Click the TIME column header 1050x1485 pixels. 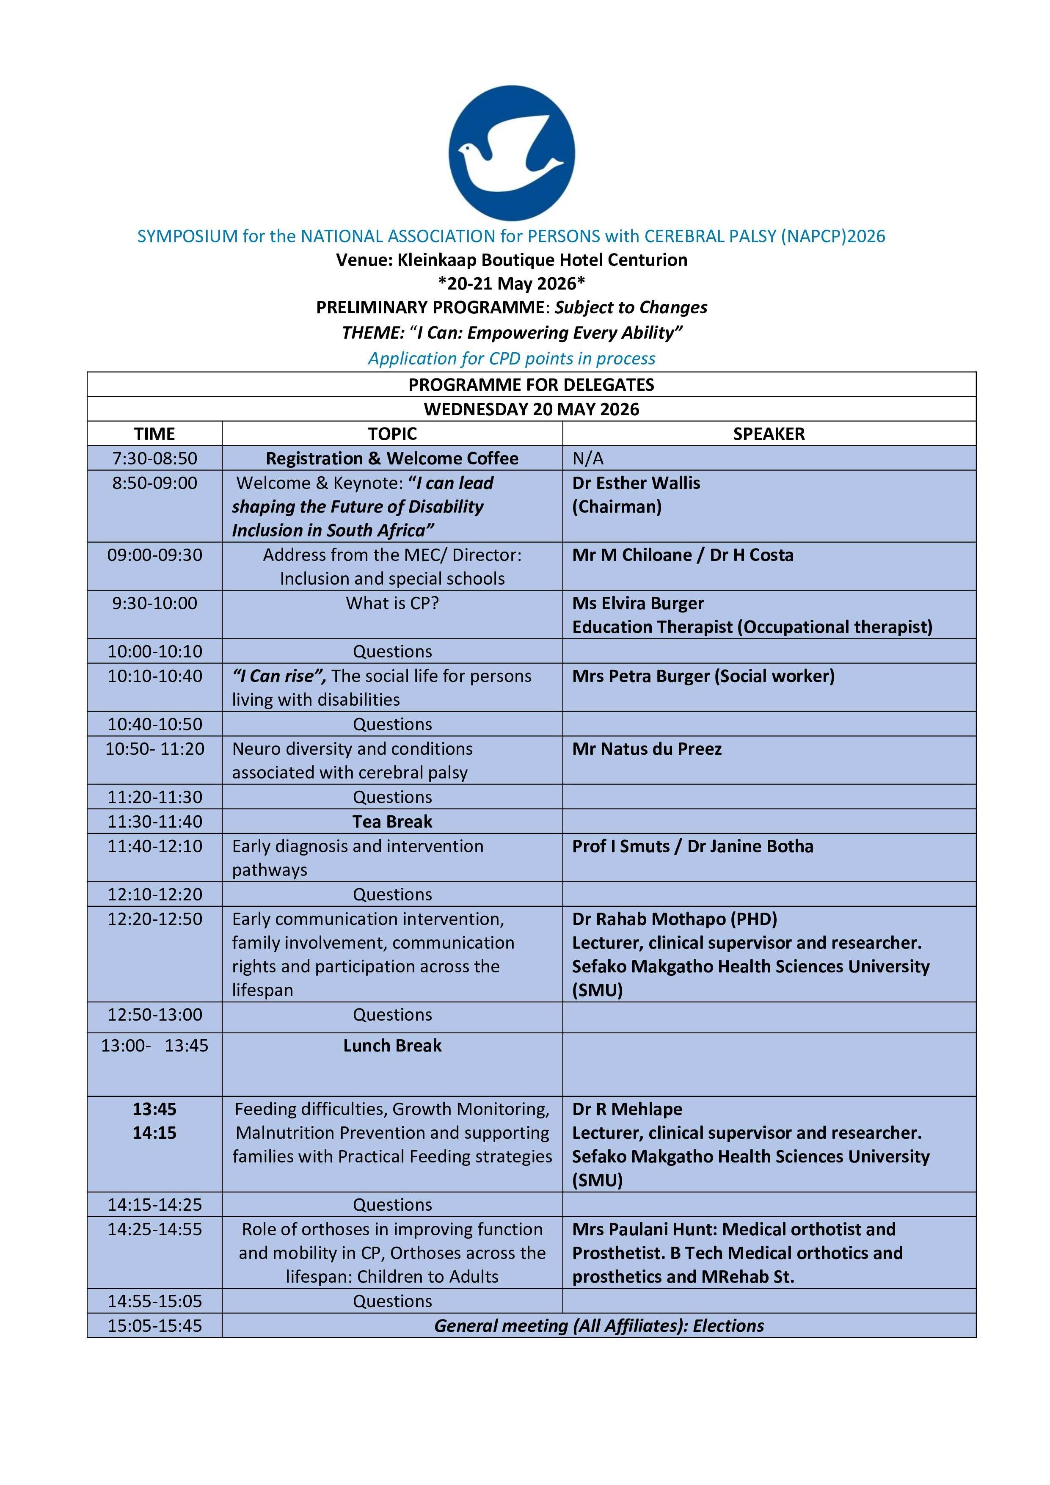(154, 433)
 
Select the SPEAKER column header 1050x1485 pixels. (769, 433)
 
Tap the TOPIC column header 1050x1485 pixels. (392, 433)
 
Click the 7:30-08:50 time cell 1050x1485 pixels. (154, 458)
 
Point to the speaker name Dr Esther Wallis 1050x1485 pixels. (636, 483)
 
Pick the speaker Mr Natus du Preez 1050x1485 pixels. (647, 748)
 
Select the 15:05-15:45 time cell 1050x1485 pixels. (154, 1325)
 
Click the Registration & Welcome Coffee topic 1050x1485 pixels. (392, 458)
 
